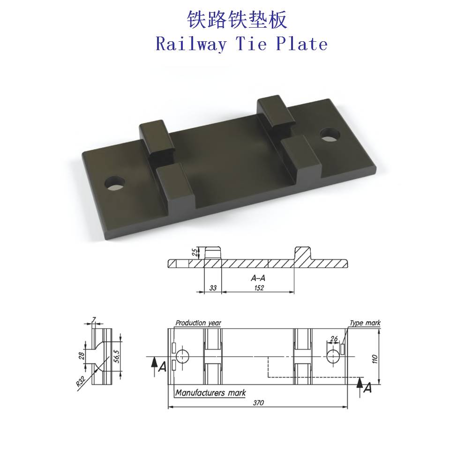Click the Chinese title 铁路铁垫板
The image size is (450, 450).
[237, 20]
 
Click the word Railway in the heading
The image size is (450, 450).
[191, 45]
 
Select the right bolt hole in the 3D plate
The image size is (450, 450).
[330, 135]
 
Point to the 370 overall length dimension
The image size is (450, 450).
[258, 403]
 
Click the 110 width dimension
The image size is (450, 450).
[375, 359]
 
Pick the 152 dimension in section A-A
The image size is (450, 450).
[259, 288]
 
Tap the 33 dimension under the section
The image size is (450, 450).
[213, 288]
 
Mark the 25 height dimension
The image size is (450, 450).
[195, 252]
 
